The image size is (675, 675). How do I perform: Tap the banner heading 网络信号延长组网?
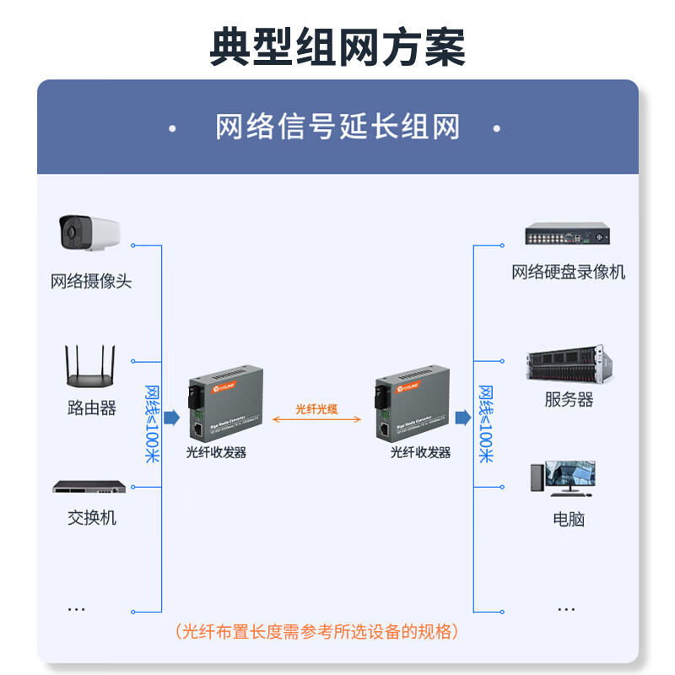337,128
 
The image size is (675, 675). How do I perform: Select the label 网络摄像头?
91,282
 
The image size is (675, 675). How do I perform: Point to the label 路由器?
91,408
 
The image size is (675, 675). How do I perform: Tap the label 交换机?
91,517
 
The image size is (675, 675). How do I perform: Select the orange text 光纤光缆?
316,408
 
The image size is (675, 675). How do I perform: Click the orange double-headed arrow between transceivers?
316,419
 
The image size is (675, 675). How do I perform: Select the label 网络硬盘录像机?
568,272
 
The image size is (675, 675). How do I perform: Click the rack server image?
568,364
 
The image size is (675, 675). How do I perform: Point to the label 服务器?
568,399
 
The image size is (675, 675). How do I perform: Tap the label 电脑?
568,519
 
